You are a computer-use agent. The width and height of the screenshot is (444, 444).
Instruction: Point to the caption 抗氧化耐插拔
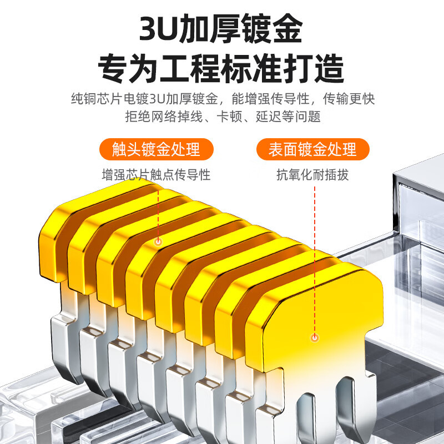coord(313,175)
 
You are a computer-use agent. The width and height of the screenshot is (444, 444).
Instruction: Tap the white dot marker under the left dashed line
coord(158,242)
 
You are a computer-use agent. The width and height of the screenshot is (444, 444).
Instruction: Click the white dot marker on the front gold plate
coord(315,337)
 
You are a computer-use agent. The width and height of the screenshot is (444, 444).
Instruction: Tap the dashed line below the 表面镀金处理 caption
coord(315,255)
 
